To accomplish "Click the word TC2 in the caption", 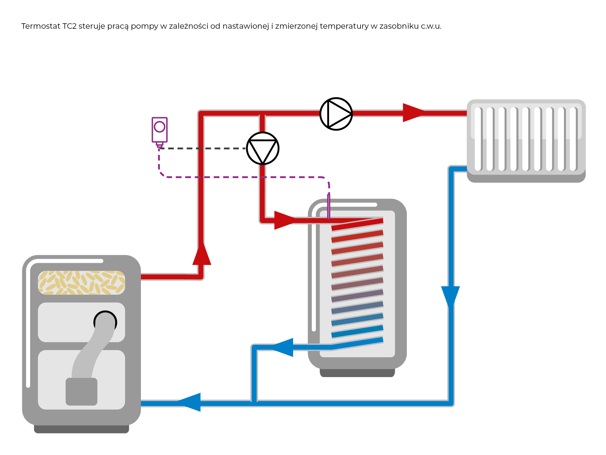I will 69,26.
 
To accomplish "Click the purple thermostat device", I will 159,130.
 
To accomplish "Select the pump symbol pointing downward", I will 263,148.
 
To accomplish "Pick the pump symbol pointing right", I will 336,114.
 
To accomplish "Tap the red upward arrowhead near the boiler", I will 202,255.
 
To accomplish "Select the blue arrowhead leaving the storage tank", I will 284,347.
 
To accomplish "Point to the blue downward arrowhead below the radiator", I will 450,296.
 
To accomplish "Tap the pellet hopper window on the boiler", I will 82,282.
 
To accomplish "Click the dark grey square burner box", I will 82,392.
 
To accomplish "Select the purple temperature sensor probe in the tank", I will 329,206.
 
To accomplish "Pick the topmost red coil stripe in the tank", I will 357,224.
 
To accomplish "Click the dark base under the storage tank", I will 357,373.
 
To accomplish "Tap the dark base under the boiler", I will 82,429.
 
